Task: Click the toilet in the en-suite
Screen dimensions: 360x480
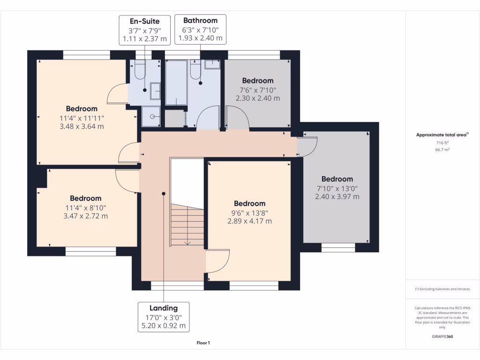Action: (x=139, y=71)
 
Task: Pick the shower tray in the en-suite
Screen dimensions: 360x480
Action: (x=151, y=116)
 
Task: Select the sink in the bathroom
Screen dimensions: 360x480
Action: (x=212, y=64)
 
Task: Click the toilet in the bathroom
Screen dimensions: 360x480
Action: (x=196, y=70)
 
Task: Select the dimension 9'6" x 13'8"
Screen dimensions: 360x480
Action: (x=249, y=212)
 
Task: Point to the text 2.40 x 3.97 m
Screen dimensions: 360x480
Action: (x=337, y=196)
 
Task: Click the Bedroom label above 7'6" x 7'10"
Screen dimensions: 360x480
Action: (x=257, y=81)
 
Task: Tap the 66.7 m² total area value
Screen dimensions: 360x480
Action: (x=442, y=150)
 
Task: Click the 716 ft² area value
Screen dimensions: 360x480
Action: (x=442, y=142)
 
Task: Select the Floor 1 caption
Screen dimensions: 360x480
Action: (x=203, y=343)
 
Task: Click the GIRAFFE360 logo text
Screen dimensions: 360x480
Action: (x=442, y=337)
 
